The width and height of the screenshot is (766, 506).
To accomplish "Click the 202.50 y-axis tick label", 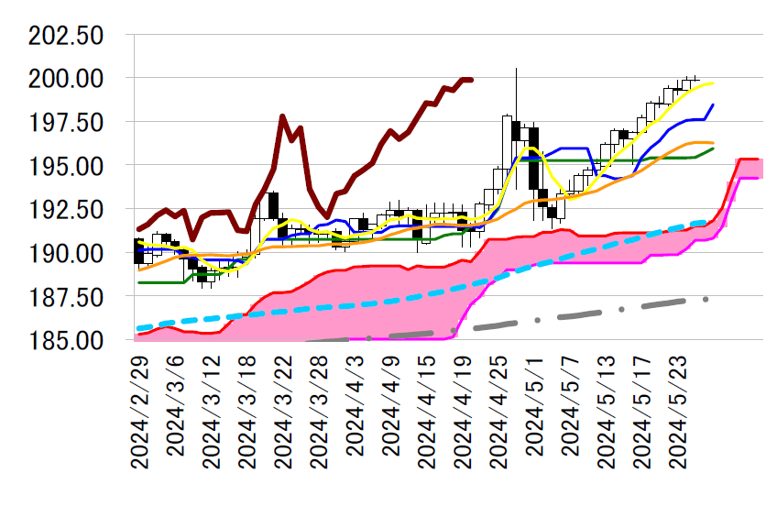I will [x=65, y=36].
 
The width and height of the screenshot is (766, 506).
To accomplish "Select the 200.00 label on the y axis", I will [x=65, y=79].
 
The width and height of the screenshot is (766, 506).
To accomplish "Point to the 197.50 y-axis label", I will [x=65, y=123].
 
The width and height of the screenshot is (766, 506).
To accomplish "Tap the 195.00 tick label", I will [x=65, y=166].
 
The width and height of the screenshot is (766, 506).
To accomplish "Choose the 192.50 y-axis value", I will [x=65, y=210].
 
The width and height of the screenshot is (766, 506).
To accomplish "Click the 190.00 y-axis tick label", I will [x=65, y=253].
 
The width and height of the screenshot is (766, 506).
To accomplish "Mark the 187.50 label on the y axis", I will [x=65, y=297].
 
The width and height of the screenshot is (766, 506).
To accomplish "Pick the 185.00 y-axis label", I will [x=65, y=340].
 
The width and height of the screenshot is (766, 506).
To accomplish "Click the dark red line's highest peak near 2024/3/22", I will [x=282, y=116].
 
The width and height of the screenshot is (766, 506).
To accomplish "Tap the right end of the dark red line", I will [x=471, y=80].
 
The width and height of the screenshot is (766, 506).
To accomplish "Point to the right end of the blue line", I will [x=713, y=105].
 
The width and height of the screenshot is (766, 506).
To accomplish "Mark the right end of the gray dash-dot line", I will [x=706, y=299].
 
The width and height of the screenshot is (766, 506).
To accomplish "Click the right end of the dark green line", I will [x=713, y=148].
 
